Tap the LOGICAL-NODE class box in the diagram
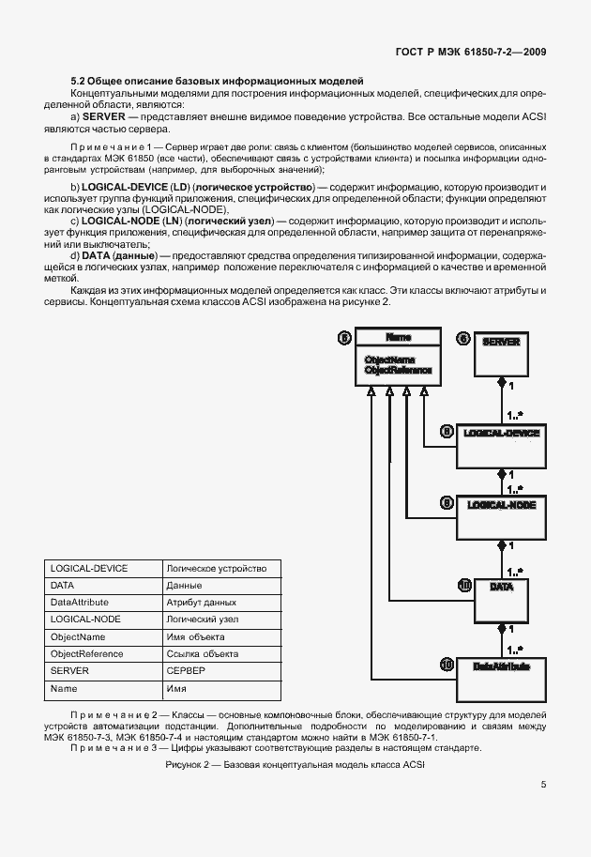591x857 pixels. click(x=502, y=511)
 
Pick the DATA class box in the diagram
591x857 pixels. click(x=502, y=592)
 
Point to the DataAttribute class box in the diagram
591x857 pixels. click(x=502, y=673)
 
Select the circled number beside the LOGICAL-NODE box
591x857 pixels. click(x=447, y=502)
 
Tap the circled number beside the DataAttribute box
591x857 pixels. click(x=447, y=664)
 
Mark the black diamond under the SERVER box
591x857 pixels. click(x=501, y=384)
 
